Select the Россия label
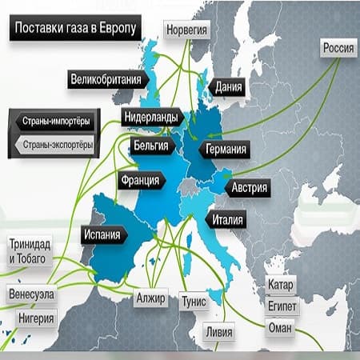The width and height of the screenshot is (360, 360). click(338, 49)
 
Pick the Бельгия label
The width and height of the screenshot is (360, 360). click(150, 146)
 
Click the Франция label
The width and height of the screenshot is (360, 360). click(140, 180)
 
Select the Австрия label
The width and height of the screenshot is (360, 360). click(249, 189)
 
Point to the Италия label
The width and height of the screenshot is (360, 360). click(228, 218)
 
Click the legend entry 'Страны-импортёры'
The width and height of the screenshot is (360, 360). click(56, 122)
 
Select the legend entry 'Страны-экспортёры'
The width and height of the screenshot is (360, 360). click(56, 145)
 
